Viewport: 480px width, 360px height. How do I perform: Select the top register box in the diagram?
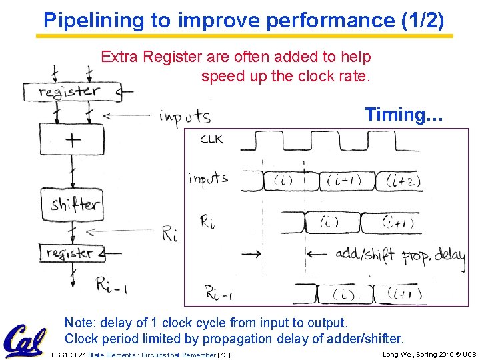click(x=69, y=92)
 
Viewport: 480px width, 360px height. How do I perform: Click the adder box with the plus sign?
click(x=71, y=139)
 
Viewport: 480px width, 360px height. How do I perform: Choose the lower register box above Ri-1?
click(x=69, y=253)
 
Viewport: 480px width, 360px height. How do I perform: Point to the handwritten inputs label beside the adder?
click(x=185, y=117)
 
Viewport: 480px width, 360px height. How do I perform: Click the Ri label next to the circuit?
click(x=169, y=234)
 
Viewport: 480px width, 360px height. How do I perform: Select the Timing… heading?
click(x=403, y=115)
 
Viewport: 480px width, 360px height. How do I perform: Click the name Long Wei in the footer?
click(x=400, y=354)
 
